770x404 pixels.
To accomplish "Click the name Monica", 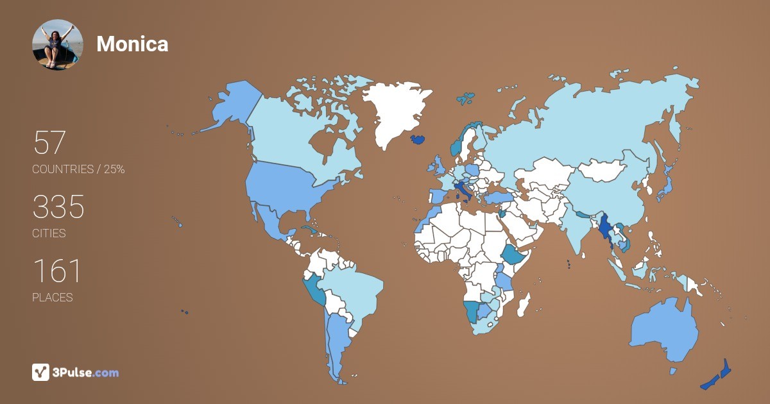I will (x=132, y=44).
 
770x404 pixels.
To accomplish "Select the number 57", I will (x=49, y=142).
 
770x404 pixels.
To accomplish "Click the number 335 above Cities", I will (x=58, y=207).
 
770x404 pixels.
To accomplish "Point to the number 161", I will (x=56, y=271).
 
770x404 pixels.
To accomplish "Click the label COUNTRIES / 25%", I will (x=78, y=169).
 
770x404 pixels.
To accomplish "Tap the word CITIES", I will (x=49, y=233).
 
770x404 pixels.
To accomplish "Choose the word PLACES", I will (x=52, y=298).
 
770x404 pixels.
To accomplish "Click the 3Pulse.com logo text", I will (x=85, y=373).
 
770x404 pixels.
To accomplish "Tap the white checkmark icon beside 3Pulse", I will (x=40, y=373).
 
